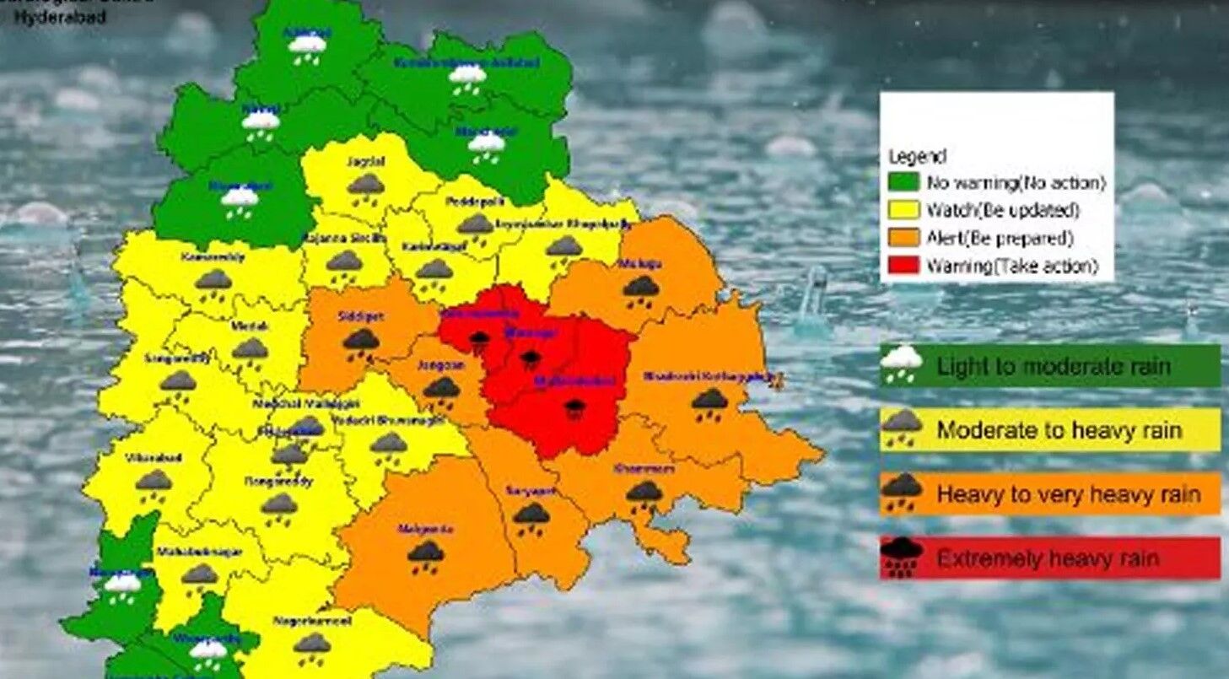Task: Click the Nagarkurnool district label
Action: click(x=312, y=621)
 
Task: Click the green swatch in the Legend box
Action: click(x=903, y=182)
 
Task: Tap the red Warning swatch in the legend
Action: click(x=903, y=267)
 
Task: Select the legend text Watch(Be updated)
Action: click(x=1003, y=210)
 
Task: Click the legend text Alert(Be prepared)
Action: click(x=1000, y=238)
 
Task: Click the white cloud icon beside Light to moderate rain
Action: click(x=901, y=364)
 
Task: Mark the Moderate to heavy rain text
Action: click(x=1059, y=430)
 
